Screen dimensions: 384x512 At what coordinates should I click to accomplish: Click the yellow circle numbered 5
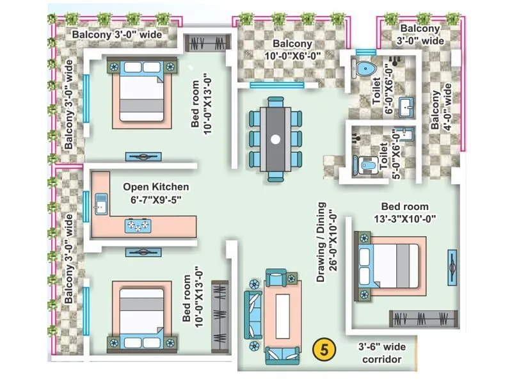[325, 349]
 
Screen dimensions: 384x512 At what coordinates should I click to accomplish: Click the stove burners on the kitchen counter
[139, 225]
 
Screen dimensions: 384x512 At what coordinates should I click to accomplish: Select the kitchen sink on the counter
[100, 205]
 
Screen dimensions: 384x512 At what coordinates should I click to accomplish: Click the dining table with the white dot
[275, 138]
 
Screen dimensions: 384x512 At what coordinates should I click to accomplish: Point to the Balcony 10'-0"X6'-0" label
[292, 50]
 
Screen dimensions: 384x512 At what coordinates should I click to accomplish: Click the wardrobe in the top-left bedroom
[207, 43]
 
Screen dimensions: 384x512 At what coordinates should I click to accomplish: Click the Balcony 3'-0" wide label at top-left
[116, 34]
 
